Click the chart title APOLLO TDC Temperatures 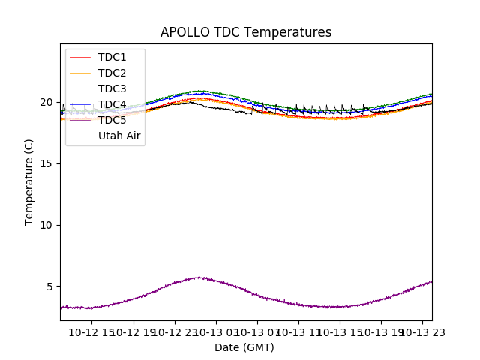point(245,32)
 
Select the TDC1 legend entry point(112,57)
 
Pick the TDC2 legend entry point(112,73)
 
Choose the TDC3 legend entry point(112,88)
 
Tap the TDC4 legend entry point(112,104)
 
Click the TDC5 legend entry point(112,120)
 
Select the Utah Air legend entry point(119,136)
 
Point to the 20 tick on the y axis point(46,102)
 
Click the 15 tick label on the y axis point(46,163)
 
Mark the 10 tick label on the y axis point(46,225)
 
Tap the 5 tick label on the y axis point(49,286)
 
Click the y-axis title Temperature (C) point(29,182)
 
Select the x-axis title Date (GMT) point(244,347)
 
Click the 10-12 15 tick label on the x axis point(91,332)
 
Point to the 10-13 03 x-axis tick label point(215,332)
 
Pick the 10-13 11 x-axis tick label point(298,332)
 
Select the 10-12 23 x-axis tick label point(174,332)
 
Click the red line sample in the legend point(79,57)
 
